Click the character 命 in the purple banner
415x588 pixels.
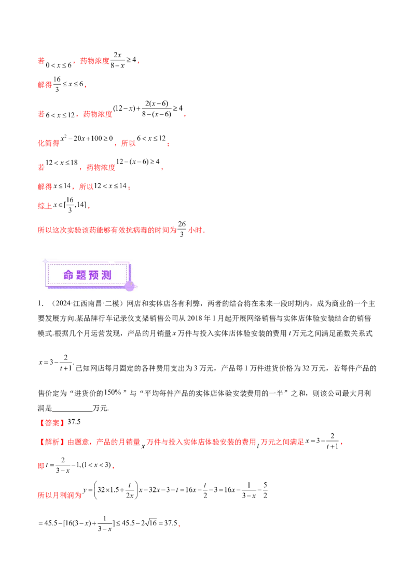click(69, 275)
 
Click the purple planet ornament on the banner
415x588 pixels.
click(130, 285)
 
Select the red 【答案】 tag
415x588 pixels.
click(52, 423)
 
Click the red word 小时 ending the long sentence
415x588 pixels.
click(197, 230)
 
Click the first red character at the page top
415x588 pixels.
click(39, 61)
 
